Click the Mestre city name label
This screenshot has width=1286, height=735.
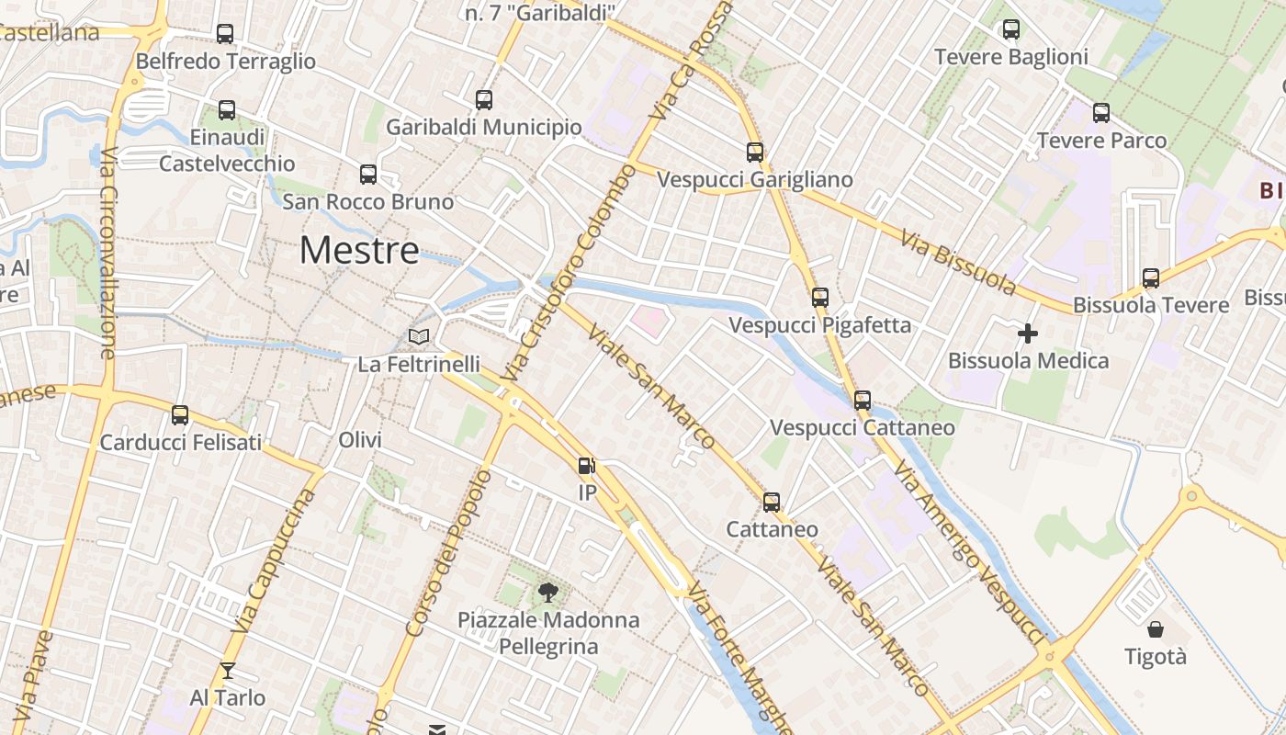pos(359,250)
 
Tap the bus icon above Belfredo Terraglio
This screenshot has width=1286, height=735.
pos(225,34)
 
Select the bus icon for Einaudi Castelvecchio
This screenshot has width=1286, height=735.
pos(227,110)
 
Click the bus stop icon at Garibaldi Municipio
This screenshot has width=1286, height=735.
pos(484,100)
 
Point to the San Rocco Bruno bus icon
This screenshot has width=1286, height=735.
pos(368,174)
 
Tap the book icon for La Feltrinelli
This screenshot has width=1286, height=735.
pos(419,337)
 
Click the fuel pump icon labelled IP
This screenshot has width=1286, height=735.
pos(587,466)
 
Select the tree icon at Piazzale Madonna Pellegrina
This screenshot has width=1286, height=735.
pos(548,592)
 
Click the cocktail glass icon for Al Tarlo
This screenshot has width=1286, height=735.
pos(228,671)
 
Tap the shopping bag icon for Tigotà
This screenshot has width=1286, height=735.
pos(1156,629)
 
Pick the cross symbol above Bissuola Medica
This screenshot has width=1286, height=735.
pos(1028,333)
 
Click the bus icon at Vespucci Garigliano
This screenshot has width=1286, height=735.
pos(755,152)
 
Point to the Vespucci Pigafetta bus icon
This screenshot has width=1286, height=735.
pos(820,298)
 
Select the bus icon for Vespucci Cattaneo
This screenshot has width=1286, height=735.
pos(862,401)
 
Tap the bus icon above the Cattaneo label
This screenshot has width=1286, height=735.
pos(772,502)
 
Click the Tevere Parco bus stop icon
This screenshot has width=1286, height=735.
pos(1101,113)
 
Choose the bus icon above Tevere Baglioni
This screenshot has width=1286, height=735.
pos(1011,29)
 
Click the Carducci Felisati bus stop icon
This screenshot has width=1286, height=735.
pos(180,414)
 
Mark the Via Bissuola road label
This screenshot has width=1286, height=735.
pos(958,263)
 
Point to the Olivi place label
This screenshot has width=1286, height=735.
pos(360,440)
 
